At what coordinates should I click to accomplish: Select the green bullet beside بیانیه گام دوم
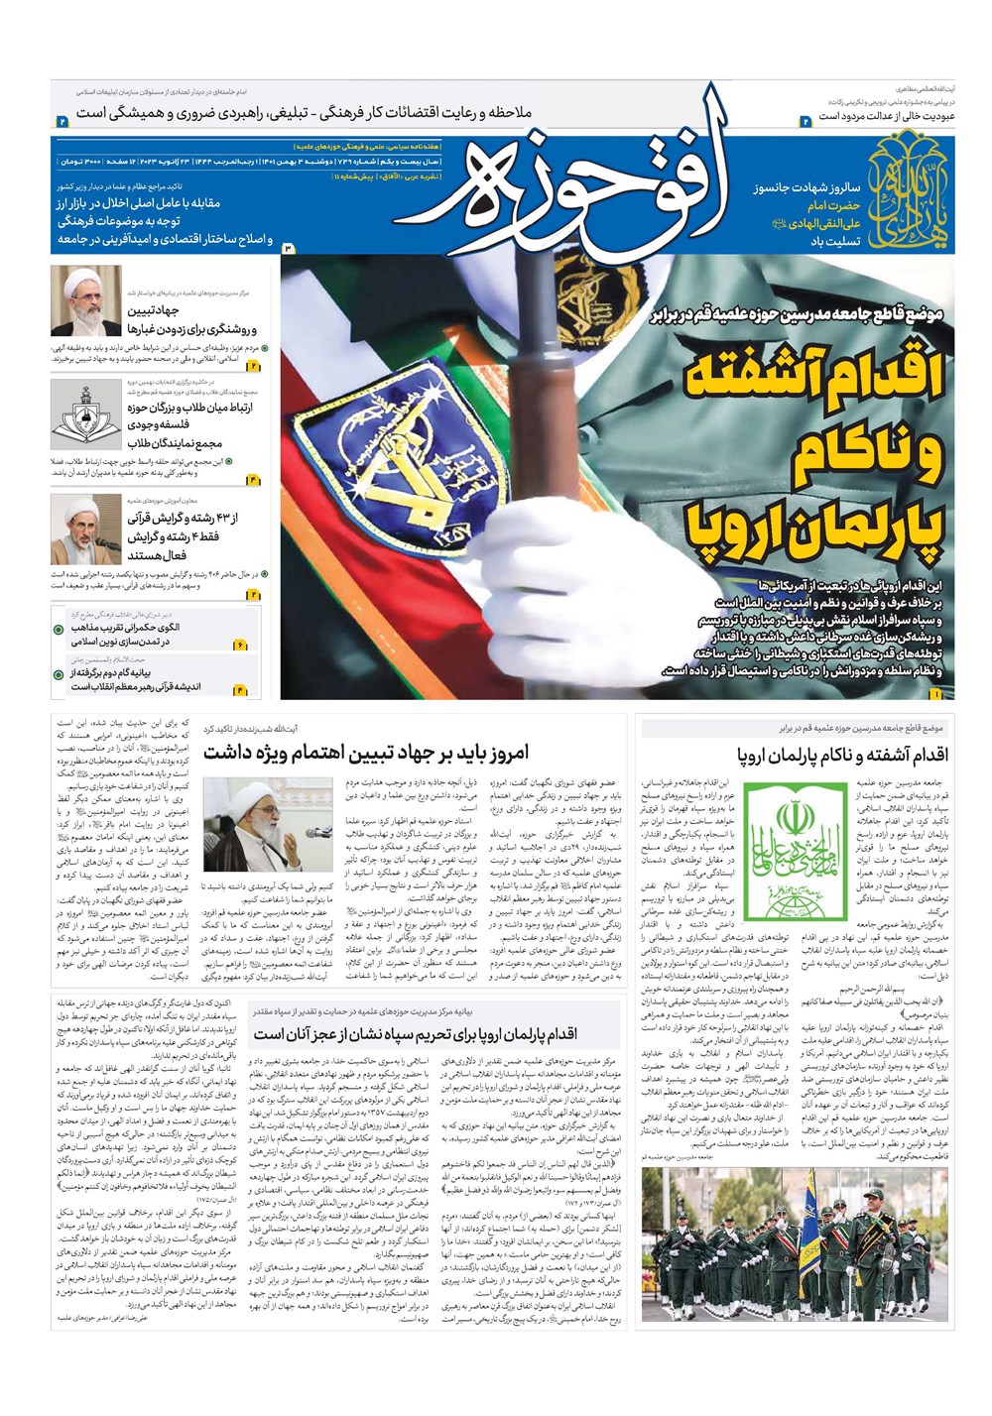tap(61, 675)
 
